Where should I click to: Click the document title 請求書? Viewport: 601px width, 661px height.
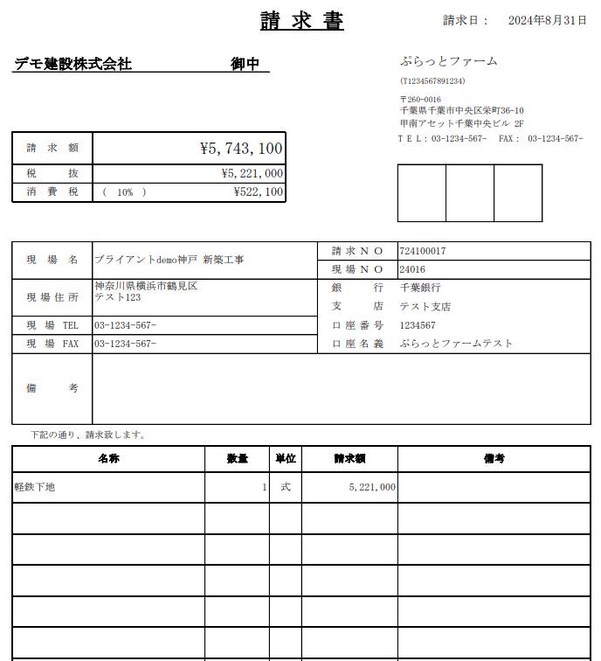301,21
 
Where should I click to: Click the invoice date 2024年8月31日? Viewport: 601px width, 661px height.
547,20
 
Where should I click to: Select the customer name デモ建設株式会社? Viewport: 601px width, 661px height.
73,64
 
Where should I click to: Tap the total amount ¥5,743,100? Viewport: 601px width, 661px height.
241,149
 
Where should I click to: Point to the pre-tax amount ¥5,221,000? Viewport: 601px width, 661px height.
252,174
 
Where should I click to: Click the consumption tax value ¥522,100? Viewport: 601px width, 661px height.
258,192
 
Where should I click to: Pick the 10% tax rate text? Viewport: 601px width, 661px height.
125,192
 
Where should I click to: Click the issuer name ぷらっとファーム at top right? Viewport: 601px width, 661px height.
448,61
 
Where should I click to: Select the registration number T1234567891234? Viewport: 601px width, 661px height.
432,81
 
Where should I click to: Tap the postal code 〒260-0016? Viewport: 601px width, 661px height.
420,100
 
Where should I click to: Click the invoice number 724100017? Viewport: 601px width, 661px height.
423,251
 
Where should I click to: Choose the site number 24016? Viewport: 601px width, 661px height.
412,269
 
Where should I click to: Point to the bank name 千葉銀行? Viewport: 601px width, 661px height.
420,288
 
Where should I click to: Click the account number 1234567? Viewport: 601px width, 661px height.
418,325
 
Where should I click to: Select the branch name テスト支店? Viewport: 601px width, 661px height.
425,307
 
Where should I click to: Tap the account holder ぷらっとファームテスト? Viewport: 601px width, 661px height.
456,344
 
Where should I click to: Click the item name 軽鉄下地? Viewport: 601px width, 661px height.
35,487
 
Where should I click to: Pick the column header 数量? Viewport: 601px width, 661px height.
237,458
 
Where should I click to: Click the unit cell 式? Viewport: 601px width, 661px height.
285,487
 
